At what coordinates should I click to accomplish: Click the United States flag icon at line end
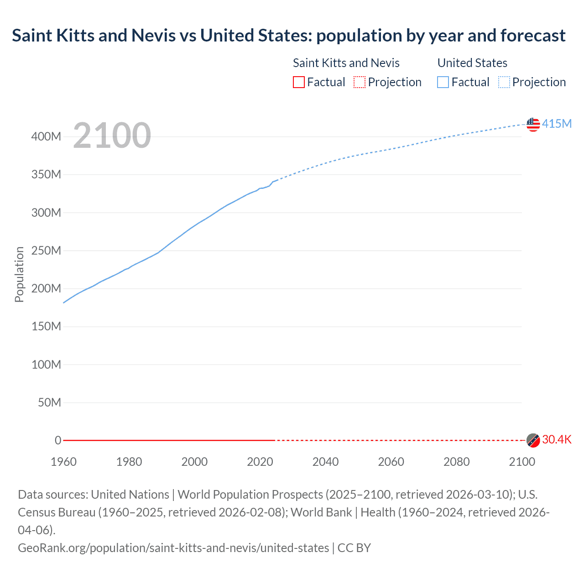point(533,124)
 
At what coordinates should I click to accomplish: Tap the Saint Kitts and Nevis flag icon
point(533,440)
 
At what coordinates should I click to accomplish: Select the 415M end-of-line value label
point(557,124)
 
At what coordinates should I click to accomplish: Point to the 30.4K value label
point(557,439)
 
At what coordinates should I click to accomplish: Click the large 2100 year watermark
point(112,136)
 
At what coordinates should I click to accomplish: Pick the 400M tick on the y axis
point(46,136)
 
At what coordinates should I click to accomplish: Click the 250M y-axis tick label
point(46,250)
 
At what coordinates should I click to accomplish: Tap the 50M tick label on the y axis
point(49,402)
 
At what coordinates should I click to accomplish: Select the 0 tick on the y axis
point(58,440)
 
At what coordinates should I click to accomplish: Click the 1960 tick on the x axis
point(63,462)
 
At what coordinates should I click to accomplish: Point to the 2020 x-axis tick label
point(260,462)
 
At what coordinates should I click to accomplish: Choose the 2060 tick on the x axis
point(391,462)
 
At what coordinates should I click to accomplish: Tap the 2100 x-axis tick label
point(522,462)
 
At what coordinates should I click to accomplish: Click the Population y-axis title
point(19,274)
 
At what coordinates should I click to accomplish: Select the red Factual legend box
point(299,82)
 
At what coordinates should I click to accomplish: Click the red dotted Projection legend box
point(360,82)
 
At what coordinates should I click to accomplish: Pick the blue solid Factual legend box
point(443,82)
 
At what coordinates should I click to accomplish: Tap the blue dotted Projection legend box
point(504,82)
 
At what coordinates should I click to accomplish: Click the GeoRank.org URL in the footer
point(173,547)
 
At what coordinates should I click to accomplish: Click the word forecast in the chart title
point(533,35)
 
